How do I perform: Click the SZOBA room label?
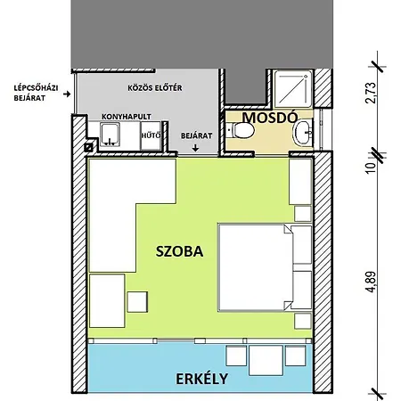pyautogui.click(x=180, y=251)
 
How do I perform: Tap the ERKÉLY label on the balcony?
pyautogui.click(x=202, y=379)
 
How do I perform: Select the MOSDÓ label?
pyautogui.click(x=270, y=118)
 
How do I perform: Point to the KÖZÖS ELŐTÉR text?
pyautogui.click(x=155, y=88)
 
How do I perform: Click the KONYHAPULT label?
pyautogui.click(x=127, y=117)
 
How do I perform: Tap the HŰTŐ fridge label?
pyautogui.click(x=151, y=135)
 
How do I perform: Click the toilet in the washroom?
pyautogui.click(x=241, y=130)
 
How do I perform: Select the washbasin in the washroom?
pyautogui.click(x=303, y=133)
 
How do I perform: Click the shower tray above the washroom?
pyautogui.click(x=293, y=88)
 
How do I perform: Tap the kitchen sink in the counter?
pyautogui.click(x=110, y=135)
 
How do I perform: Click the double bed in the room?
pyautogui.click(x=256, y=267)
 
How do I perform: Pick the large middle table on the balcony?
pyautogui.click(x=266, y=360)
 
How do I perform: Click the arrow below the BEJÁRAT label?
pyautogui.click(x=195, y=148)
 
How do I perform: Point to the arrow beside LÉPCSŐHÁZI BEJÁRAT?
pyautogui.click(x=67, y=94)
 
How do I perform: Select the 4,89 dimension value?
pyautogui.click(x=372, y=282)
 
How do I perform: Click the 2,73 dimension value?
pyautogui.click(x=371, y=93)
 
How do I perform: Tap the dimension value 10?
pyautogui.click(x=372, y=168)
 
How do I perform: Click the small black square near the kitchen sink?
pyautogui.click(x=88, y=147)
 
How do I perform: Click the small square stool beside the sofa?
pyautogui.click(x=137, y=302)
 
